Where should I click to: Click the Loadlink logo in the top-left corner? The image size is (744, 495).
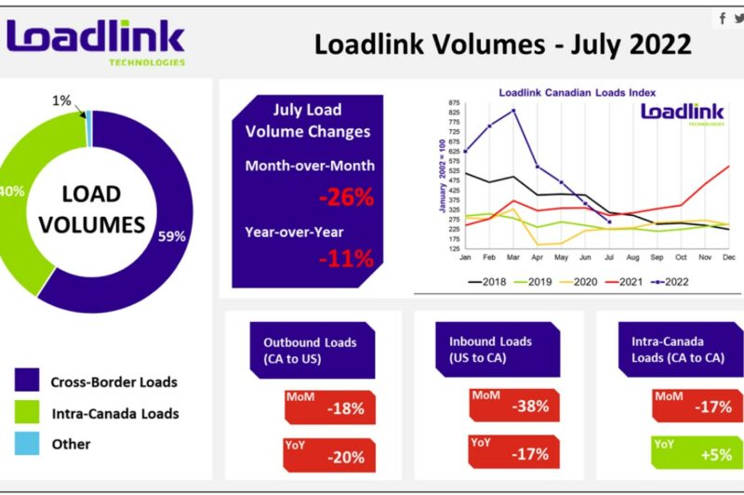96,42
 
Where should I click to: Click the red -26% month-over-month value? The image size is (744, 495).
346,197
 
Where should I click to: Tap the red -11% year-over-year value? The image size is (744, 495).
346,259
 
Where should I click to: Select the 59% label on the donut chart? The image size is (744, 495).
171,236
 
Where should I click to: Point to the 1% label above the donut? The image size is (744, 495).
61,100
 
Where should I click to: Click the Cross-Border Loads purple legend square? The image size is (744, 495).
27,381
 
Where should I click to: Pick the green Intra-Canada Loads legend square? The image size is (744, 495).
27,412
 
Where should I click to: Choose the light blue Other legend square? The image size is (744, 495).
27,444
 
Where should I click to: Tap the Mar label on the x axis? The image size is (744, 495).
513,256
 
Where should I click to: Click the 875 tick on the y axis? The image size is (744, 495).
454,103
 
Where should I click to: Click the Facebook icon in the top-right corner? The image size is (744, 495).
723,19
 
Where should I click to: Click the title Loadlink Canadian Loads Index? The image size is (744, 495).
577,93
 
